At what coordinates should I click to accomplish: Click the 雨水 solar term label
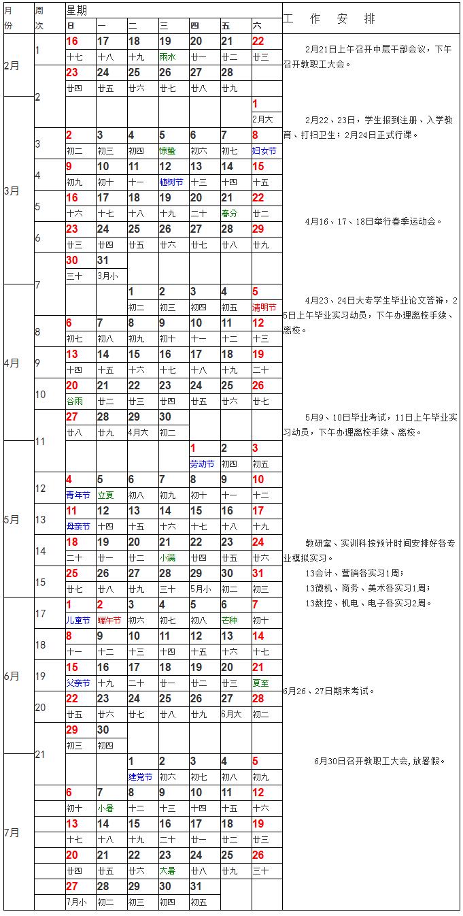[168, 57]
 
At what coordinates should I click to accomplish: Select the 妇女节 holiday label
[264, 151]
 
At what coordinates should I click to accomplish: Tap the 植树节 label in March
[171, 182]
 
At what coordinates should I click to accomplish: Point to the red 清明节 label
[265, 308]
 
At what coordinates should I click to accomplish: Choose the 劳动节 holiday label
[203, 464]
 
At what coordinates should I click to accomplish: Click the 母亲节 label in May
[78, 527]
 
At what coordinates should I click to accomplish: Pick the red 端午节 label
[109, 621]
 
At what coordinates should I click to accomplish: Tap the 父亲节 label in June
[78, 683]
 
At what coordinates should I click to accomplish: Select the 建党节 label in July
[140, 777]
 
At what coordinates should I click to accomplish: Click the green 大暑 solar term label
[168, 871]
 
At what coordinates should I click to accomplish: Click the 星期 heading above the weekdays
[77, 10]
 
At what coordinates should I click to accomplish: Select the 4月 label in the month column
[12, 363]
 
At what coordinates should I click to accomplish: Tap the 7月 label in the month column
[12, 832]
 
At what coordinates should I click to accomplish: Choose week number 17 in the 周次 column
[40, 614]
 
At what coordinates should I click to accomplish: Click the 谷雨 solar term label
[75, 402]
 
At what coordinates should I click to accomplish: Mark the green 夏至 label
[261, 683]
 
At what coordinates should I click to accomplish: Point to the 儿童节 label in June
[78, 621]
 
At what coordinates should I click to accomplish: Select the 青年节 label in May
[78, 495]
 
